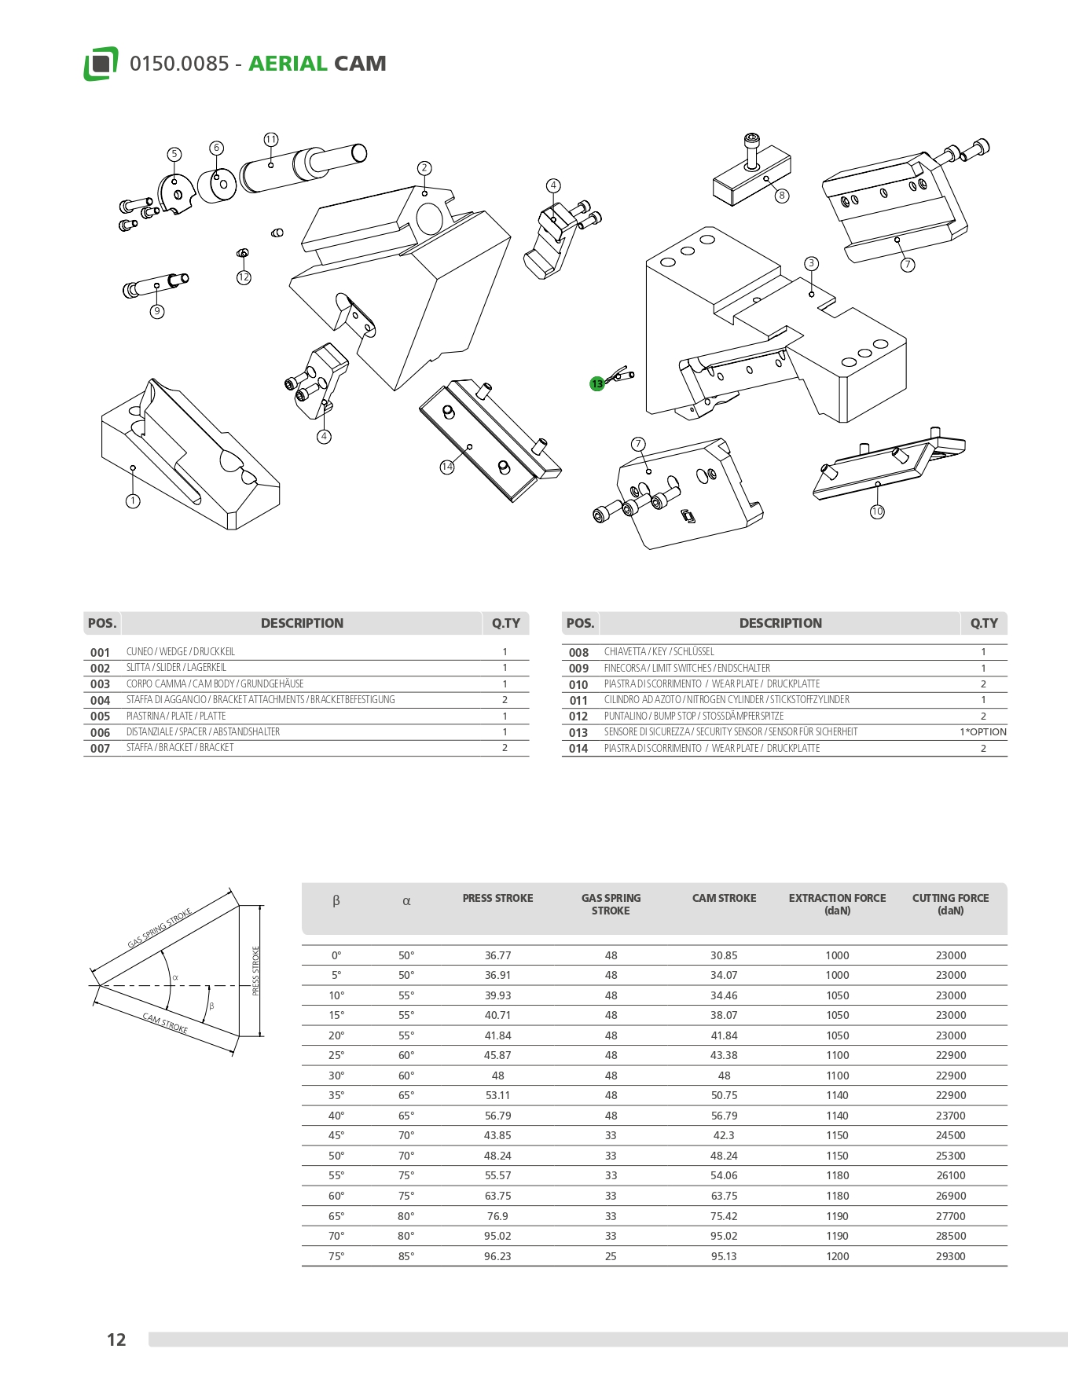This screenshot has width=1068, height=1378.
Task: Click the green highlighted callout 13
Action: tap(597, 383)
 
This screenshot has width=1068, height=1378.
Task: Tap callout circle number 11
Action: tap(270, 140)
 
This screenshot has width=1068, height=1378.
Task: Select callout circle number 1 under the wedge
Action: tap(133, 501)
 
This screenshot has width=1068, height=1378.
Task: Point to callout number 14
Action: tap(447, 467)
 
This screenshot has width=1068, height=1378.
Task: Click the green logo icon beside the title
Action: tap(101, 64)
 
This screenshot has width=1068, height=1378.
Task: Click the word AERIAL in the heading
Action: tap(288, 64)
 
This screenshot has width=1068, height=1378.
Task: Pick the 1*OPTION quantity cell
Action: tap(982, 732)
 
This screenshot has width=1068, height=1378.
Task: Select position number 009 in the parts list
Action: tap(578, 669)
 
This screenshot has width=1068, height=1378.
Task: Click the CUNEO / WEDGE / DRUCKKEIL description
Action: tap(181, 652)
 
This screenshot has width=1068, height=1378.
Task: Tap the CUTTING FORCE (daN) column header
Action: tap(950, 904)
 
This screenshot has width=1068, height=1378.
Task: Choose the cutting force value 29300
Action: tap(950, 1256)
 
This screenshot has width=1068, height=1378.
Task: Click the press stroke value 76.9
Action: tap(497, 1216)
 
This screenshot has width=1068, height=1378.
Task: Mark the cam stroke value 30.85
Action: tap(724, 955)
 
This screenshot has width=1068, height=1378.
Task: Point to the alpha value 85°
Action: tap(406, 1256)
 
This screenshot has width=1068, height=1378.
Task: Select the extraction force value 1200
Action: tap(837, 1256)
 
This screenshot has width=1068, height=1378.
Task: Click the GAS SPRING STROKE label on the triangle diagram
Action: tap(160, 929)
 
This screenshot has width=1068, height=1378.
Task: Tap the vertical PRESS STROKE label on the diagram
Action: tap(255, 971)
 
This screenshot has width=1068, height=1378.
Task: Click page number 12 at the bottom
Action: tap(116, 1340)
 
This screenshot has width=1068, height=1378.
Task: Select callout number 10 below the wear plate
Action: tap(877, 511)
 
